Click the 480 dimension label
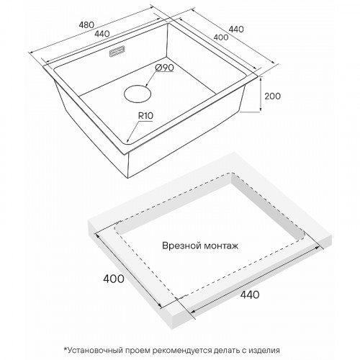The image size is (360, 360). (x=86, y=24)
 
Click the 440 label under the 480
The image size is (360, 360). (x=102, y=34)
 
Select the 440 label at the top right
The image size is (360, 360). (x=236, y=29)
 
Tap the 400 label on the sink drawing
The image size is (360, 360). (x=221, y=37)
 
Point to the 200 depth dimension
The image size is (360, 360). (x=272, y=96)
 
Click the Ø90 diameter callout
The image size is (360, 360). (x=164, y=68)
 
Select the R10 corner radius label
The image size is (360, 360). (x=145, y=116)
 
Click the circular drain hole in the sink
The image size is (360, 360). (x=138, y=94)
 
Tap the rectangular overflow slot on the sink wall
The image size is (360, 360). (x=117, y=52)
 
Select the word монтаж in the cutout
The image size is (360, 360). (x=220, y=246)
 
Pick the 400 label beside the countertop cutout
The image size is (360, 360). (x=114, y=279)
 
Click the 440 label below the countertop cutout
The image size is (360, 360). (x=249, y=294)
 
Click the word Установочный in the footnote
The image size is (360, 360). (x=94, y=351)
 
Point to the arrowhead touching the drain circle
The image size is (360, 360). (x=147, y=84)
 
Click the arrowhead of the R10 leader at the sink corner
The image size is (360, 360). (x=127, y=141)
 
